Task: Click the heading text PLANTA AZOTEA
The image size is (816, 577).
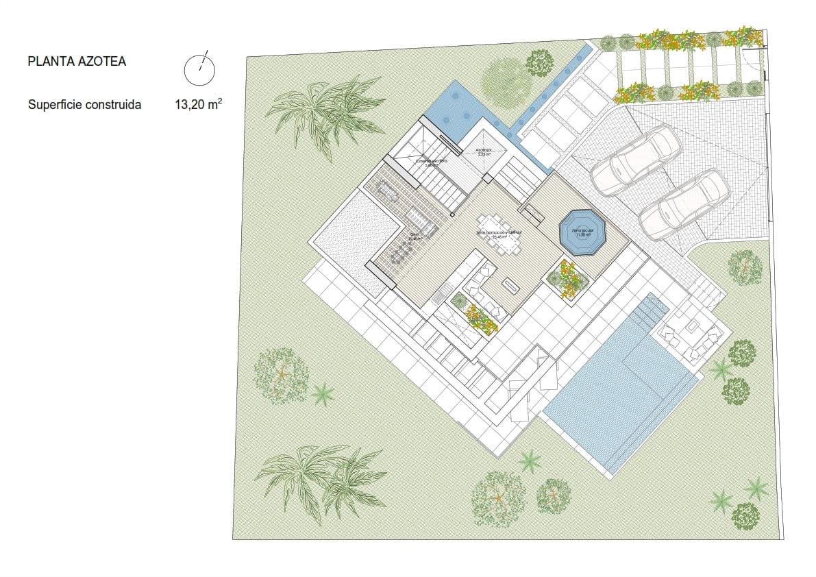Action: [x=77, y=62]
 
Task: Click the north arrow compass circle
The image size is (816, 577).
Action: [x=199, y=67]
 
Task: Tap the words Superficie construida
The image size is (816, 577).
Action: [x=84, y=105]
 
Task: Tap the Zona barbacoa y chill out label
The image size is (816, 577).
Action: [x=499, y=234]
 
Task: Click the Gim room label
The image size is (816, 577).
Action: [x=415, y=236]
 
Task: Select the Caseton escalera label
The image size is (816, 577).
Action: [x=431, y=162]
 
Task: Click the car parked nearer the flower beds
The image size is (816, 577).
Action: [x=636, y=159]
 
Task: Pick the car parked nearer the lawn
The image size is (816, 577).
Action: [x=674, y=204]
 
